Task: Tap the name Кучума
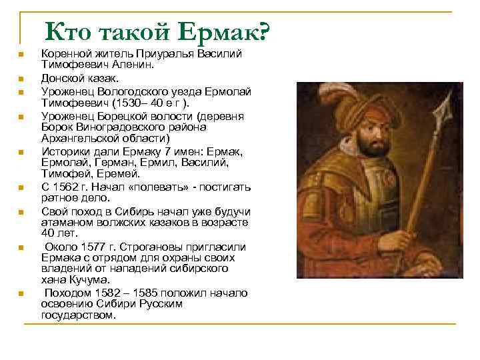pyautogui.click(x=82, y=280)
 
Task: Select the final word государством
pyautogui.click(x=78, y=315)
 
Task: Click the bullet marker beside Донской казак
pyautogui.click(x=21, y=79)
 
